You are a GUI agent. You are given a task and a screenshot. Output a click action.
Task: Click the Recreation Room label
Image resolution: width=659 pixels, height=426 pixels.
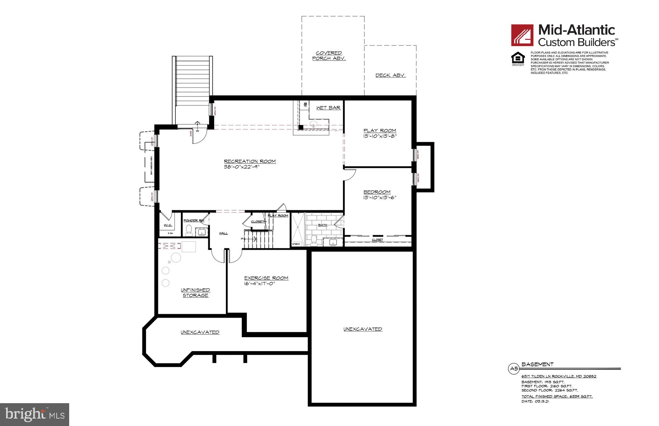tap(250, 161)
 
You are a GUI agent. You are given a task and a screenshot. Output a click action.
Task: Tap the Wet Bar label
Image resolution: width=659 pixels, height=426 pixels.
tap(328, 108)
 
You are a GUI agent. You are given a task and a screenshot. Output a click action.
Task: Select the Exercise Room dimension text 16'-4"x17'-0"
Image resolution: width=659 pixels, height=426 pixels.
tap(260, 284)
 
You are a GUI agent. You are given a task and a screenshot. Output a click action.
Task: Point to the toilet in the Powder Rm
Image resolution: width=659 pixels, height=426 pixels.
tap(189, 230)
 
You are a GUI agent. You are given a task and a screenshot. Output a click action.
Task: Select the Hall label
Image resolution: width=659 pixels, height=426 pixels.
tap(223, 233)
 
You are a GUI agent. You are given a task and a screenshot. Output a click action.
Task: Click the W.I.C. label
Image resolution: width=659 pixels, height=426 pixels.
tap(168, 225)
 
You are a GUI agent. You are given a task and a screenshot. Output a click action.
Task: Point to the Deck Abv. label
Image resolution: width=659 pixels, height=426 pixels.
tap(390, 75)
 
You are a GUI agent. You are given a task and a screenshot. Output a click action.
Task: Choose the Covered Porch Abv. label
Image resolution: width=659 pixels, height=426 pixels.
tap(329, 56)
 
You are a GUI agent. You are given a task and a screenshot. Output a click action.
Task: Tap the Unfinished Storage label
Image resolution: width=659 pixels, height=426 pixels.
tap(195, 293)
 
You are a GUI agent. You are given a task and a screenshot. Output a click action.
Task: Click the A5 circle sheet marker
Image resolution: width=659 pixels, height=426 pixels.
tap(513, 369)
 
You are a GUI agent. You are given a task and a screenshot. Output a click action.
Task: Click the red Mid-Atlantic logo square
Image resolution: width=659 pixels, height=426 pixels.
tap(523, 35)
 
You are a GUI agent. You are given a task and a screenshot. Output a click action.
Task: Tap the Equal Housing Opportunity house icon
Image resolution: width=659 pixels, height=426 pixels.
tap(518, 58)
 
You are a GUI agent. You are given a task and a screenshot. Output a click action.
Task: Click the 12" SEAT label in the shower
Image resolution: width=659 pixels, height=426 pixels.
tap(296, 244)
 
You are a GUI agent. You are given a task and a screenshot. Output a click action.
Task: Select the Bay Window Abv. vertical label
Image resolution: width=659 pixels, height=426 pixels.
tap(151, 166)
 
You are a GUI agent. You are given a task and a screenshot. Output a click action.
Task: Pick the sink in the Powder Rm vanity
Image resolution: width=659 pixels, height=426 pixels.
tap(202, 232)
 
